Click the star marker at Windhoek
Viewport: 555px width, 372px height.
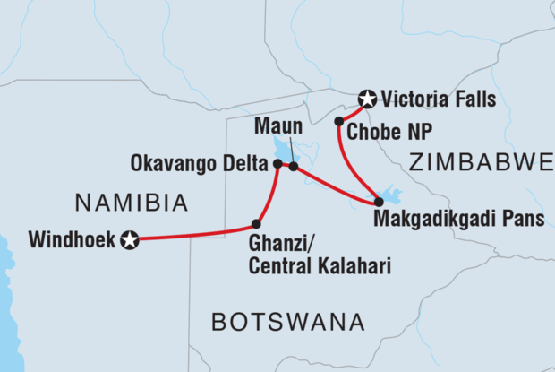click(131, 239)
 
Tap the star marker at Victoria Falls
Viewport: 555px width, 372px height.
click(366, 99)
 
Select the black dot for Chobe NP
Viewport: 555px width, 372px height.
click(339, 121)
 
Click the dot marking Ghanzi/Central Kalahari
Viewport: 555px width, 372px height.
click(256, 223)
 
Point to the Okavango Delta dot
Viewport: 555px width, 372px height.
click(277, 164)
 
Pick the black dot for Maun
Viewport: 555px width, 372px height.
click(294, 167)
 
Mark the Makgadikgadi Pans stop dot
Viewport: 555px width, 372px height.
click(379, 202)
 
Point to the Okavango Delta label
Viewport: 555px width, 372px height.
click(199, 164)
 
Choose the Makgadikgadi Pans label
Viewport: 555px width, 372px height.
click(458, 219)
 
